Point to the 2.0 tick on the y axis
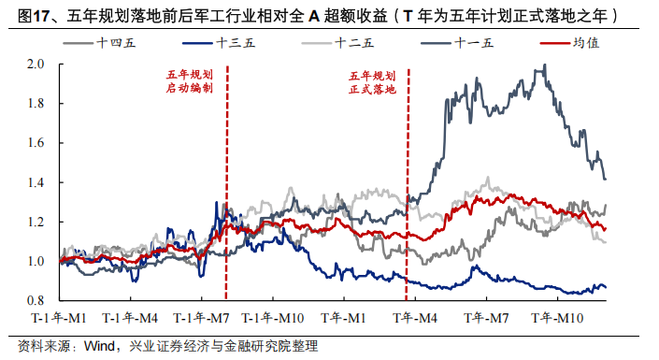coord(35,65)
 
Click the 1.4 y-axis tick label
coord(35,182)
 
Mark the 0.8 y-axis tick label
coord(35,300)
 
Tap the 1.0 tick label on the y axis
coord(35,261)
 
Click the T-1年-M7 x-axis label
coord(203,319)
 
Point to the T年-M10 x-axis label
coord(558,319)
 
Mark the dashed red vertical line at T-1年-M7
coord(227,187)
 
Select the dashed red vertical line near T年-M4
coord(408,187)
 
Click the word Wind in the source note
coord(99,346)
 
